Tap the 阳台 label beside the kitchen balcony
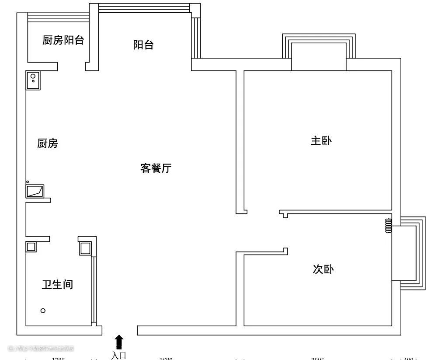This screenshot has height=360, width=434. pos(143,45)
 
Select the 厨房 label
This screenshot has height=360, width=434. pos(48,143)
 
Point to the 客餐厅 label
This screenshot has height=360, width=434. pos(156,168)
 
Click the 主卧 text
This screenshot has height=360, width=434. pos(321,141)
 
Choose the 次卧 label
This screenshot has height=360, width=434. pos(323,269)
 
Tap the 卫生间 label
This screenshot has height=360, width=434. pos(57,285)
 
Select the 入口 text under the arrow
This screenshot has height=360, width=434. pos(118,355)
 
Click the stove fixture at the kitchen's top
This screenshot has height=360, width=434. pos(33,80)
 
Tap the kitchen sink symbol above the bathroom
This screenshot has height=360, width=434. pos(35,191)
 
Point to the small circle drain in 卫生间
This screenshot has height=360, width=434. pos(43,311)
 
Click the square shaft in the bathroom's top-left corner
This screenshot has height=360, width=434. pos(31,247)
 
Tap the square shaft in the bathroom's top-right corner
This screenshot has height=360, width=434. pos(85,248)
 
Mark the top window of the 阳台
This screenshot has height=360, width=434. pos(144,7)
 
